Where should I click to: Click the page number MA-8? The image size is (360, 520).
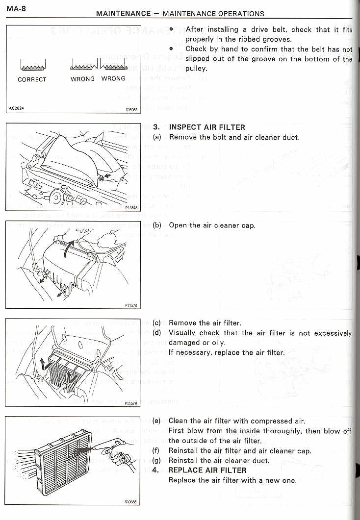coord(16,8)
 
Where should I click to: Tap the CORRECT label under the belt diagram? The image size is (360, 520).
coord(32,79)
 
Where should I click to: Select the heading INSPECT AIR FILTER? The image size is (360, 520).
coord(207,127)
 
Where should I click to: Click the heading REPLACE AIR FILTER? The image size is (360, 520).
coord(206,470)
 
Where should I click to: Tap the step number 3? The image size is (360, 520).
coord(156,127)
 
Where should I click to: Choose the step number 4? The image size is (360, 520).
coord(155,470)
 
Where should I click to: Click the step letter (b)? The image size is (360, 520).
coord(157,225)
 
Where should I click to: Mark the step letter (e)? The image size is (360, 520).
coord(157,421)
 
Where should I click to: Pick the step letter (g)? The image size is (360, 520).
coord(157,461)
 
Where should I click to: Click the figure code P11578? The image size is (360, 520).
coord(132,305)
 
